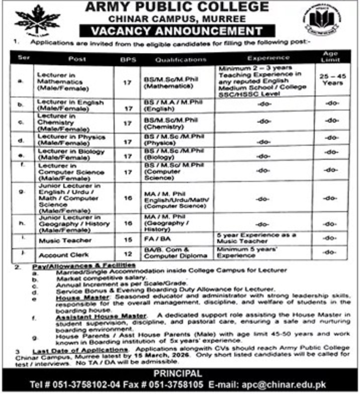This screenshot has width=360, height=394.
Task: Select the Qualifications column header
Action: click(x=173, y=59)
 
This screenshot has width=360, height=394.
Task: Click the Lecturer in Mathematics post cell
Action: click(x=59, y=79)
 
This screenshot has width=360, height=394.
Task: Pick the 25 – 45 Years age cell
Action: click(x=330, y=79)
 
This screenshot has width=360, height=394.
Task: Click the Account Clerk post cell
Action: click(x=60, y=255)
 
